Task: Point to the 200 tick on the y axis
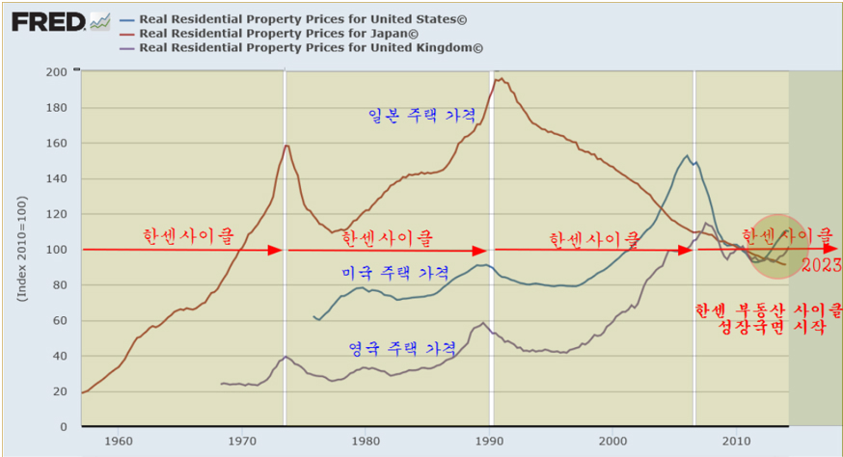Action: point(56,72)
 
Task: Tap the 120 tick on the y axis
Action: point(56,214)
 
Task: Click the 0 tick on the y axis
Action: point(63,426)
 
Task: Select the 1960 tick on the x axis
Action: point(119,441)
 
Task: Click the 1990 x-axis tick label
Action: point(489,441)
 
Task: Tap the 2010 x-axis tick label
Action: point(736,441)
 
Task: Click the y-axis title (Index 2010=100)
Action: point(21,250)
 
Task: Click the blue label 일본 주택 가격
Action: point(422,115)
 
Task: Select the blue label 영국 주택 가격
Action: point(402,346)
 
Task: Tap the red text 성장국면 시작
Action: point(769,328)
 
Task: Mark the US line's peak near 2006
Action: point(687,155)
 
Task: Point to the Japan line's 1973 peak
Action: point(286,146)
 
